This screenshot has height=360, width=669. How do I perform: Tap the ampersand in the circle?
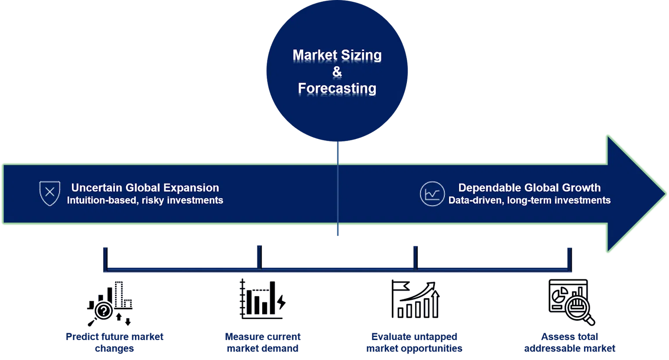click(x=337, y=72)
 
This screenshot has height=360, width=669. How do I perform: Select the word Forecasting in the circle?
click(x=337, y=88)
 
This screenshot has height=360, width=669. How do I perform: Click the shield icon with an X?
click(x=50, y=193)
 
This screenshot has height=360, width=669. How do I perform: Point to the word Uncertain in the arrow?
click(x=97, y=188)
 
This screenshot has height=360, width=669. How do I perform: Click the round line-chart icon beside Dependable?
click(x=432, y=194)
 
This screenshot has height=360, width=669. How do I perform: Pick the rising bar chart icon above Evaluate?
click(x=415, y=299)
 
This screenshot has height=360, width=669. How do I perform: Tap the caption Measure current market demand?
click(x=263, y=343)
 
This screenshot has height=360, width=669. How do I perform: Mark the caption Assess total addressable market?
click(x=570, y=343)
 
